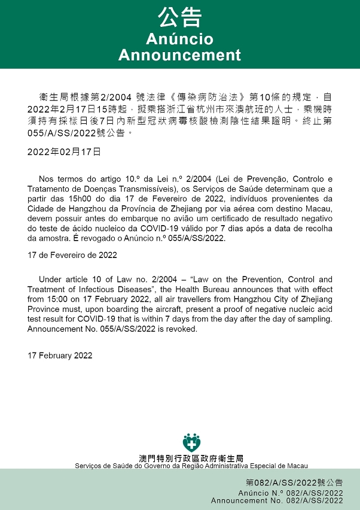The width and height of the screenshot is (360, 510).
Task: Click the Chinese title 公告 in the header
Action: point(179,18)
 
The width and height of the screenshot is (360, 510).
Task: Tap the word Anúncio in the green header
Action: point(179,40)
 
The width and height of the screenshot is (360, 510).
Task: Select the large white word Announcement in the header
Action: point(179,55)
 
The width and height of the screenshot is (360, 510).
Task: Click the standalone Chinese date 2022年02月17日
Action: point(65,152)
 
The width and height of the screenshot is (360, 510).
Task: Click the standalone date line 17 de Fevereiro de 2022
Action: point(72,254)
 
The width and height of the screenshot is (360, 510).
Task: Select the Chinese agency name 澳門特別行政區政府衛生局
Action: point(191,458)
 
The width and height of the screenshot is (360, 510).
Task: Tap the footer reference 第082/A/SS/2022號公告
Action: point(294,482)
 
